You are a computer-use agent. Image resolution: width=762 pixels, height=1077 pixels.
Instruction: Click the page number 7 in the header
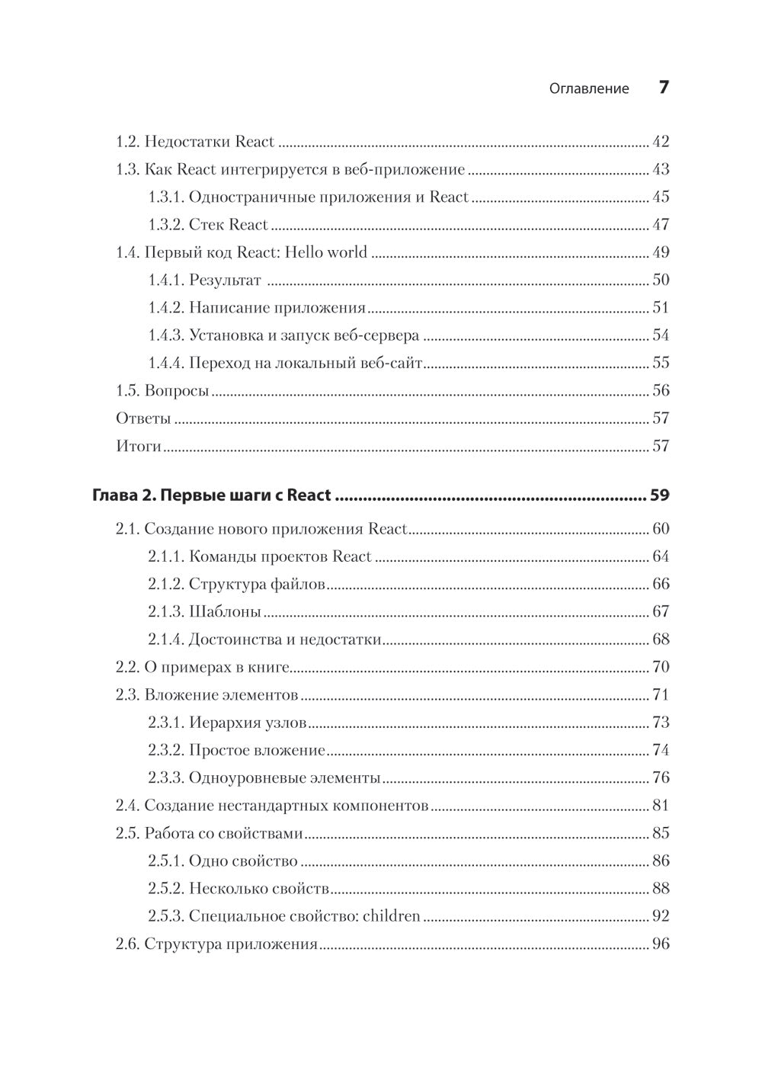[x=663, y=88]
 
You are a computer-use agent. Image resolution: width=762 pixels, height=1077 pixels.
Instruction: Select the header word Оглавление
[x=589, y=88]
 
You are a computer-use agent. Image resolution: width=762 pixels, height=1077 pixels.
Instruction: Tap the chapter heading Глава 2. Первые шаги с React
[x=212, y=495]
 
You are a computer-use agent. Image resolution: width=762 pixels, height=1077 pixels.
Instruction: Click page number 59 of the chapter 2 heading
[x=659, y=495]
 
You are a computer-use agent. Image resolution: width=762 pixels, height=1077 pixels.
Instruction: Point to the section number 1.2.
[x=127, y=142]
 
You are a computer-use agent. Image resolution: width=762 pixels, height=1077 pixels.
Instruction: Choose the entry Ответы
[x=143, y=418]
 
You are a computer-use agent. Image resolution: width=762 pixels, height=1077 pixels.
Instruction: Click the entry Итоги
[x=139, y=446]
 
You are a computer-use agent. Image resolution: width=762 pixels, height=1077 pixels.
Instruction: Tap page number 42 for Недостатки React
[x=661, y=142]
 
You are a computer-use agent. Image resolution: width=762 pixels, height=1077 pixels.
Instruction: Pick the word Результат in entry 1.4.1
[x=225, y=280]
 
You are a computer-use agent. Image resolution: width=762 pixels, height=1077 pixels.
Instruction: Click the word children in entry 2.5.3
[x=391, y=915]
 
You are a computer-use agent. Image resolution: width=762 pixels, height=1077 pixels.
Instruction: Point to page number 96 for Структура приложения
[x=661, y=944]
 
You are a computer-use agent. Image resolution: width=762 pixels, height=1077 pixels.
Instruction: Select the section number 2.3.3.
[x=165, y=777]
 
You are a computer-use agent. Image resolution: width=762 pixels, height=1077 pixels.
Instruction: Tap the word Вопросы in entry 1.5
[x=177, y=391]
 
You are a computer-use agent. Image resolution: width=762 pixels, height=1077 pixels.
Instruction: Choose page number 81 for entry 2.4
[x=661, y=805]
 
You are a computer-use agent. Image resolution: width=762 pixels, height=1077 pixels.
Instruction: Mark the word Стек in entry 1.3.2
[x=206, y=225]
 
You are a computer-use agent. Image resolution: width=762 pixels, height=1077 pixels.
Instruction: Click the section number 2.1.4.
[x=165, y=639]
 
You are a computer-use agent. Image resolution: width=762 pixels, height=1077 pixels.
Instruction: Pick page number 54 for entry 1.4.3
[x=661, y=335]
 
